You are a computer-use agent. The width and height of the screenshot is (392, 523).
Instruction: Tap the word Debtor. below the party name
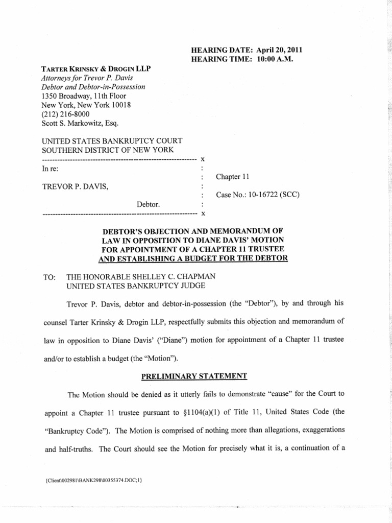click(149, 204)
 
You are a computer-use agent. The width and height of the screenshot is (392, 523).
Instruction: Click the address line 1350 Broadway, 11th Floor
click(84, 96)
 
